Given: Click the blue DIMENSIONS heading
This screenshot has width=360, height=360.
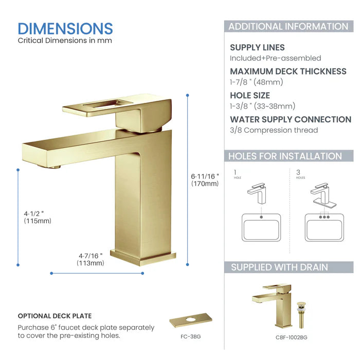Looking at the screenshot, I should pos(65,28).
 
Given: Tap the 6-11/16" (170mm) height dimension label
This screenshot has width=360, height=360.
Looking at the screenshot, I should pos(205,179).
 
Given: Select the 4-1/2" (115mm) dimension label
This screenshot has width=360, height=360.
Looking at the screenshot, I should pos(38,217).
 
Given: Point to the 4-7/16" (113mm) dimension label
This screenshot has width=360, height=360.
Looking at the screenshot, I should pos(91,259).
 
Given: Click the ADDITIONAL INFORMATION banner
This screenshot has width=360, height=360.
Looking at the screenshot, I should pos(288,27).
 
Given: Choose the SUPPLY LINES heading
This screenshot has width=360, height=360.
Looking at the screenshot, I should pos(257,47).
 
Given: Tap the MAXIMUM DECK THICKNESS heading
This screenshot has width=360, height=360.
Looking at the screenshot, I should pos(288,71).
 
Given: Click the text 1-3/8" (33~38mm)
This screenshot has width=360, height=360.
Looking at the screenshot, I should pos(262,106).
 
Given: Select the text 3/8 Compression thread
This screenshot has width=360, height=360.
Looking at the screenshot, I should pos(274,130).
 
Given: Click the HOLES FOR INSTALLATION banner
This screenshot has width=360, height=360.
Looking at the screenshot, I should pos(285,156).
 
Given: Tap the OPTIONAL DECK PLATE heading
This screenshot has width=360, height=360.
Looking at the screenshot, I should pos(55,316).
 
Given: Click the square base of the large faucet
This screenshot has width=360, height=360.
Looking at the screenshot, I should pos(143,257).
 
